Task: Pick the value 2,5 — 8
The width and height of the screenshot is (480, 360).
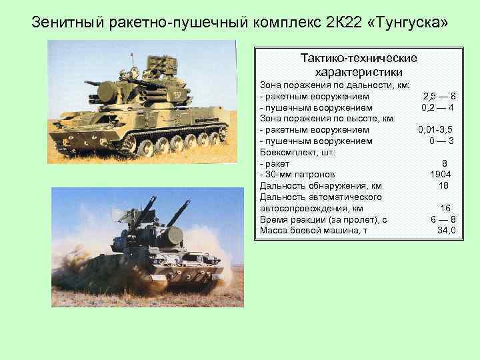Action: click(x=439, y=96)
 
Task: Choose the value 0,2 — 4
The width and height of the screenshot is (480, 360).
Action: click(x=438, y=107)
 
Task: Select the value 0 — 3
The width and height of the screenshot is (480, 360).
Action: click(x=442, y=141)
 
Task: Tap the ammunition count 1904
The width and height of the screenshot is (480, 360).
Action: click(x=442, y=174)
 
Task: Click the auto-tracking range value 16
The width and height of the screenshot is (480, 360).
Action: click(x=445, y=209)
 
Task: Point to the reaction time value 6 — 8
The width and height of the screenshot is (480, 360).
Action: click(x=443, y=220)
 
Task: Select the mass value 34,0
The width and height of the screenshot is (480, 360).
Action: click(x=445, y=231)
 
